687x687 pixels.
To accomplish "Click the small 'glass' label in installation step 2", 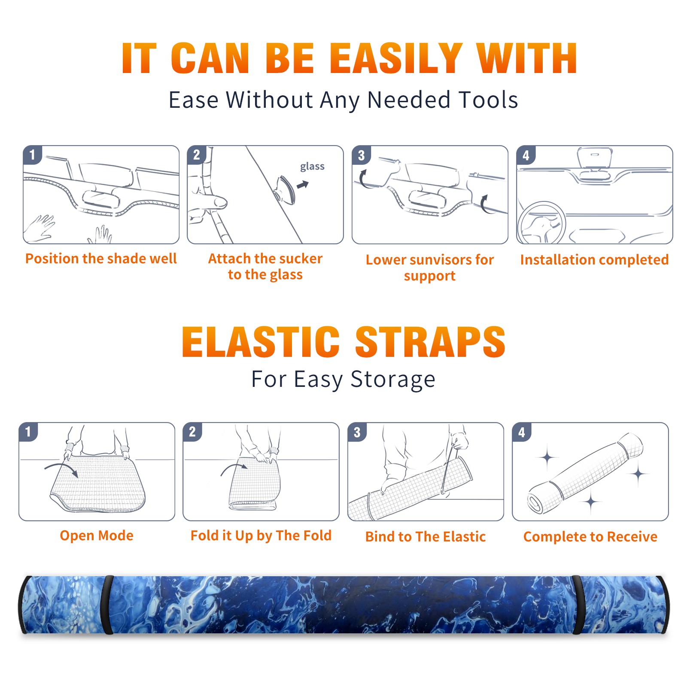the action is pyautogui.click(x=312, y=167).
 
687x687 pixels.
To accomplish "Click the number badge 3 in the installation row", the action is pyautogui.click(x=361, y=155).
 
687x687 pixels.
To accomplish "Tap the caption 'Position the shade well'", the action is pyautogui.click(x=101, y=258).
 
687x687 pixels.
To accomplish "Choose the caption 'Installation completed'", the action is pyautogui.click(x=594, y=259).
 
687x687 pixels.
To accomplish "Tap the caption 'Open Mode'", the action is pyautogui.click(x=97, y=535).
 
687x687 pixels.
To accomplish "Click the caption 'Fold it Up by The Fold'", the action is pyautogui.click(x=261, y=535).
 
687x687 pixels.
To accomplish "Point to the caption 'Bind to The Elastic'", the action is pyautogui.click(x=426, y=537).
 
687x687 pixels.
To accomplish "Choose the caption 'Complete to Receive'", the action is pyautogui.click(x=590, y=537).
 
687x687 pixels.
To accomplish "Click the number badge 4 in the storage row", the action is pyautogui.click(x=521, y=432).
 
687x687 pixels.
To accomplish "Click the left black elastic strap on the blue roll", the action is pyautogui.click(x=108, y=605).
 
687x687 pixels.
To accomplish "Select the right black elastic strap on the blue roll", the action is pyautogui.click(x=577, y=605).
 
